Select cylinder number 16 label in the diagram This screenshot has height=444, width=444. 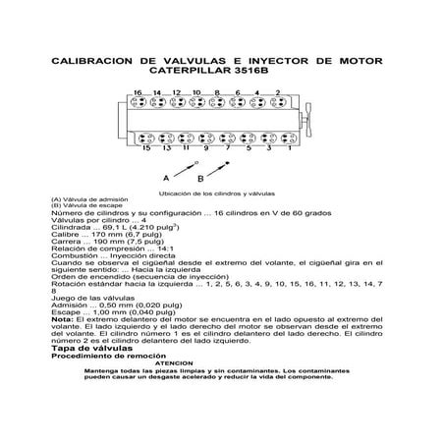pos(139,92)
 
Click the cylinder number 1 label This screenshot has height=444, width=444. pos(291,149)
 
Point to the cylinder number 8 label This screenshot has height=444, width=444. pos(217,92)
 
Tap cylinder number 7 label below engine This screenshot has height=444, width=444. pos(228,149)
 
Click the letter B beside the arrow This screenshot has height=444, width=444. pos(200,180)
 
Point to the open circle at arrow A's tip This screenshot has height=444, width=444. pos(196,161)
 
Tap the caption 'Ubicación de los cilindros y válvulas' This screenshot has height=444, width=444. pos(222,194)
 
